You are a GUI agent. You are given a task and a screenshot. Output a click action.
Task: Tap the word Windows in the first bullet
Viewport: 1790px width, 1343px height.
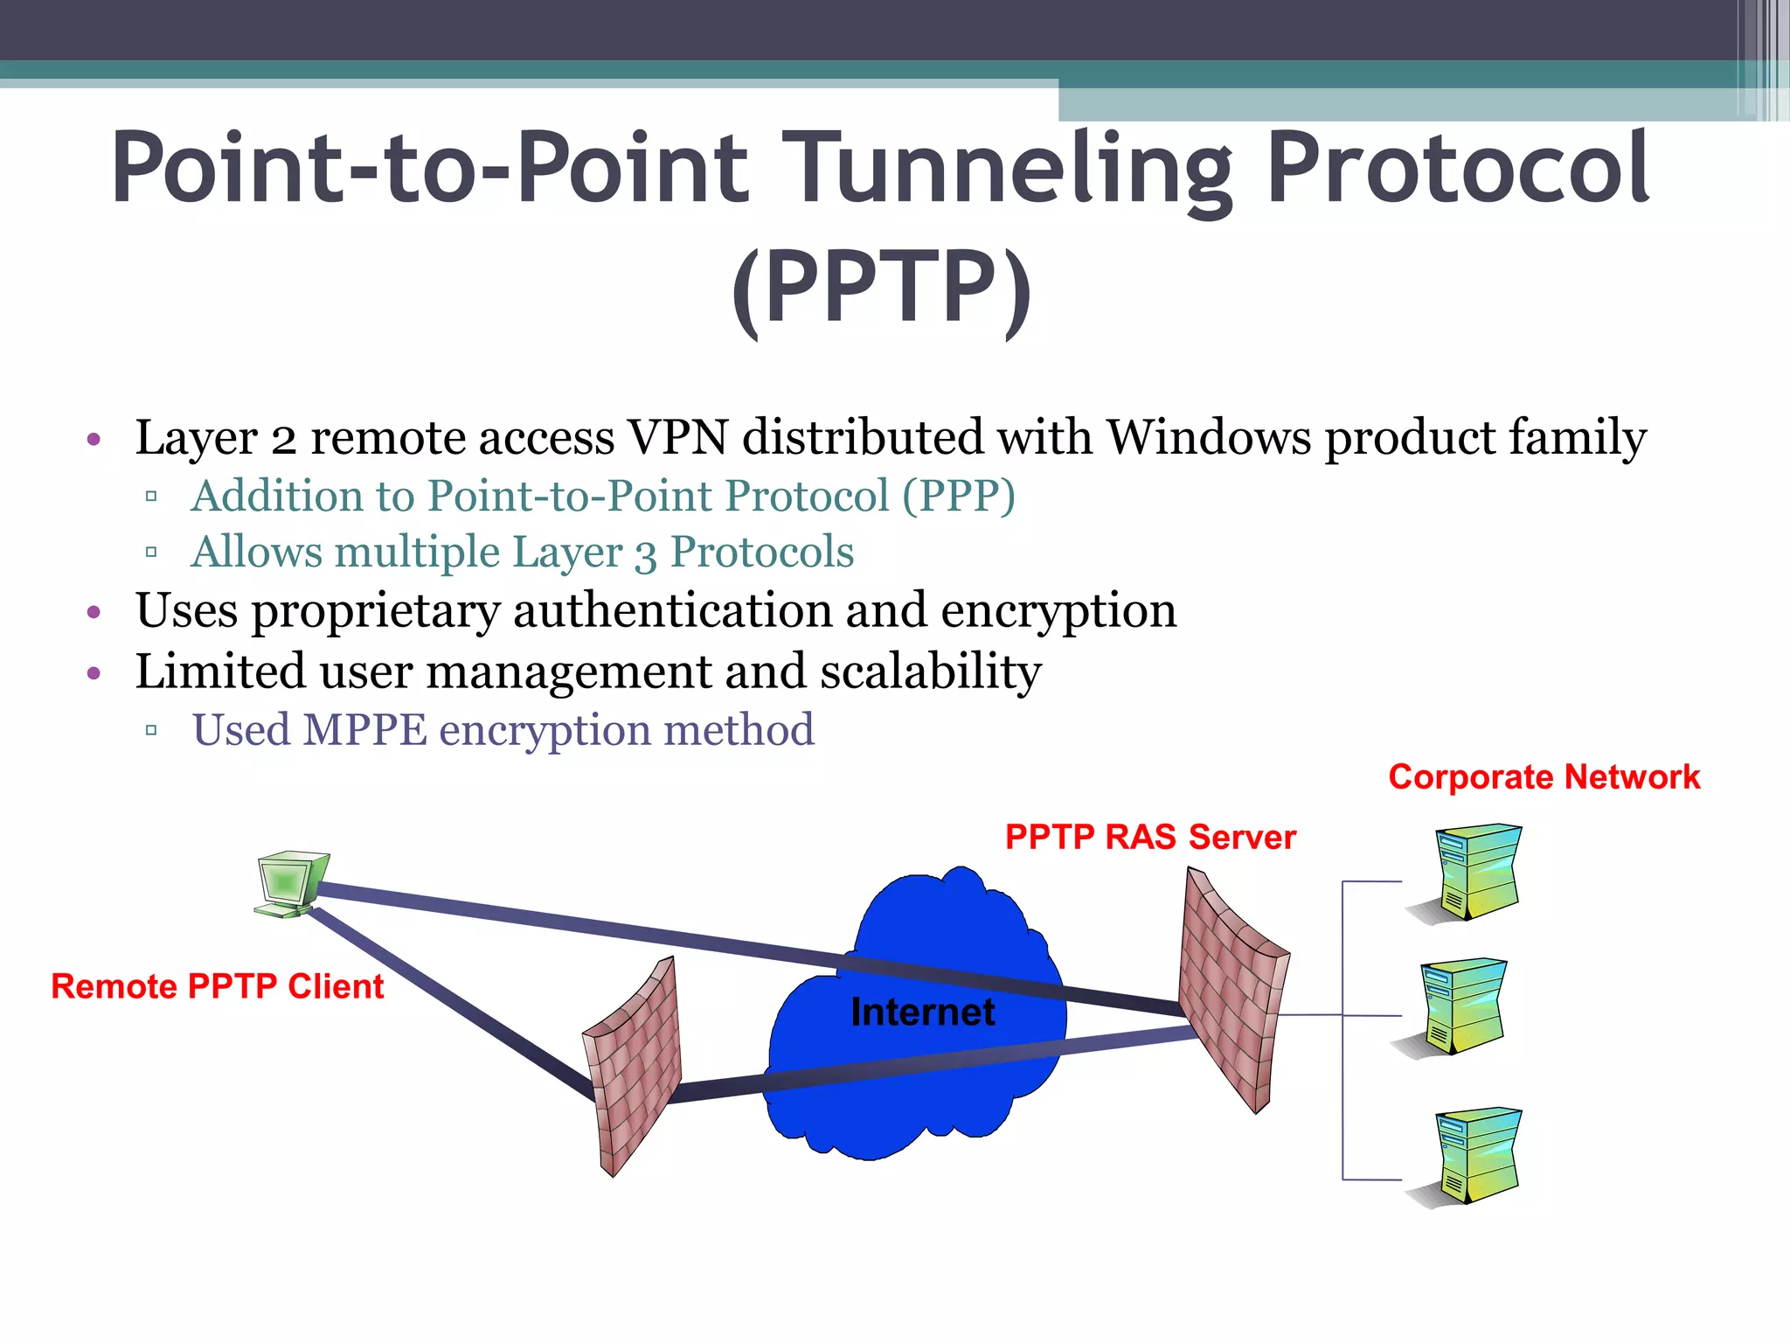click(x=1209, y=437)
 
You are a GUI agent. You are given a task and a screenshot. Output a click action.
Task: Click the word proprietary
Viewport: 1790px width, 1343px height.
click(x=375, y=611)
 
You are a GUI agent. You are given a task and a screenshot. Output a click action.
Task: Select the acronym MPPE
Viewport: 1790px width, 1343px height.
click(x=364, y=730)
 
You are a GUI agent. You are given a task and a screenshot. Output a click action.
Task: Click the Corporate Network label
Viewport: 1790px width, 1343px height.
click(x=1544, y=777)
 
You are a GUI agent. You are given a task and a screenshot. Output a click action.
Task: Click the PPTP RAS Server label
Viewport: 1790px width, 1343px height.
click(x=1150, y=838)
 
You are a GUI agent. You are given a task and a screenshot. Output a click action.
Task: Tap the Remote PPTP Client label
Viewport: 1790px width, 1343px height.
click(x=217, y=987)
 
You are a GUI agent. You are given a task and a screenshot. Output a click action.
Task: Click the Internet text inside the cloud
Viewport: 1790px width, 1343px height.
click(x=922, y=1012)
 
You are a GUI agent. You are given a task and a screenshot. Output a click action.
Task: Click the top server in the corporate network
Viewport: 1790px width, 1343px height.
click(x=1475, y=871)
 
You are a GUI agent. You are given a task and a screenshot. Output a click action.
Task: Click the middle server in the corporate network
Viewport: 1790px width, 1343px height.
click(x=1460, y=1006)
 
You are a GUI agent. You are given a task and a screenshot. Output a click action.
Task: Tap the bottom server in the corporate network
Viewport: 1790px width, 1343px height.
click(x=1475, y=1156)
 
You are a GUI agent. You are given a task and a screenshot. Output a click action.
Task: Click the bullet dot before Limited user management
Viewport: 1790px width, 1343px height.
click(x=94, y=673)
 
